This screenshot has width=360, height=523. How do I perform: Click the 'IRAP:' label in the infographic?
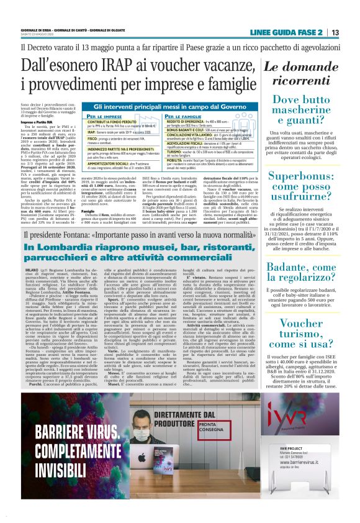click(x=74, y=132)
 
